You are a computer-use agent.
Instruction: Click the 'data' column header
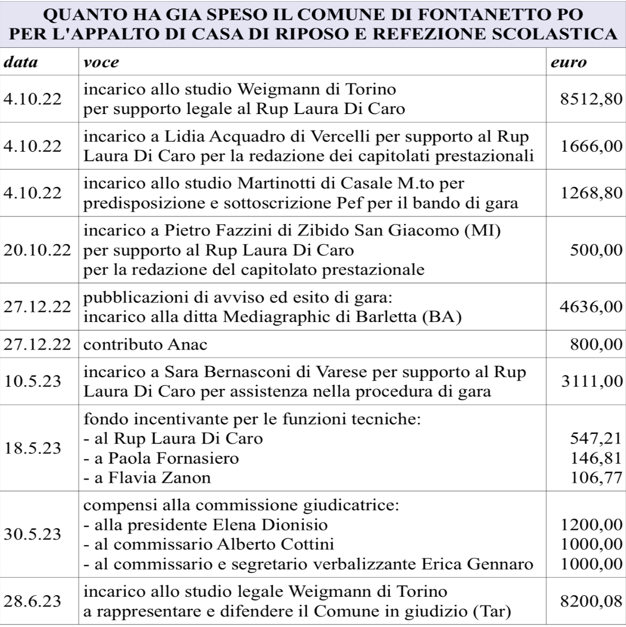point(21,63)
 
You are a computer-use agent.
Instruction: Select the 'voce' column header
point(101,63)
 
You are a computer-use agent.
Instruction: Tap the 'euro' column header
point(568,63)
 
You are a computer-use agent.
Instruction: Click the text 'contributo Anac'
point(145,344)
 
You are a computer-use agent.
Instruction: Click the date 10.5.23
point(32,381)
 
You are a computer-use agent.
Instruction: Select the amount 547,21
point(596,439)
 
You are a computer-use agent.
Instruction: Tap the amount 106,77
point(596,477)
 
